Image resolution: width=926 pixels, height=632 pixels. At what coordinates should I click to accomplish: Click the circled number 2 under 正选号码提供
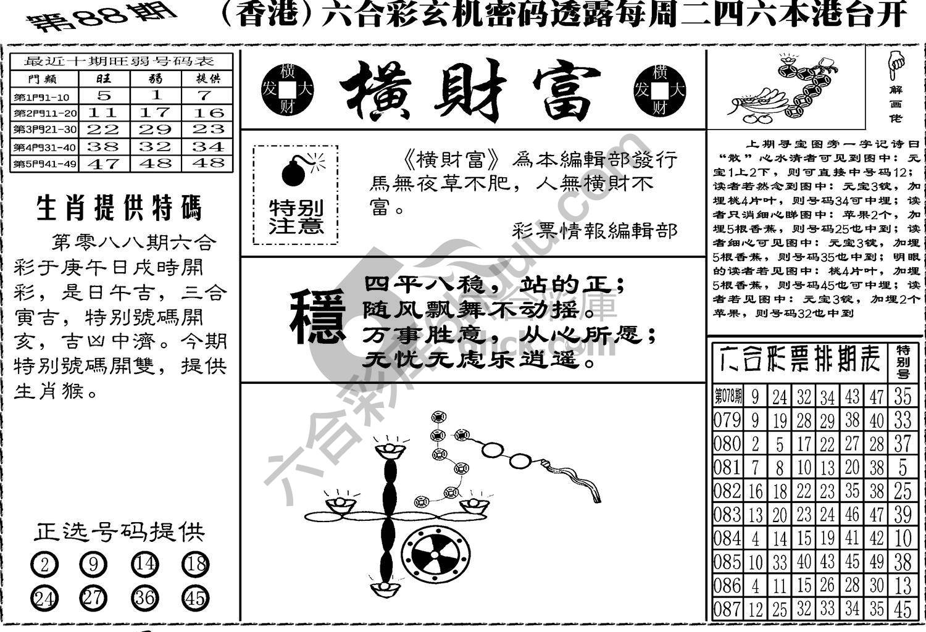click(x=43, y=564)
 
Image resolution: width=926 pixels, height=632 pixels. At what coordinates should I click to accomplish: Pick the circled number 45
click(x=195, y=597)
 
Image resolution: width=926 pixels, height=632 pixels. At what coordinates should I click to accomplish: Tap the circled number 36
click(x=144, y=597)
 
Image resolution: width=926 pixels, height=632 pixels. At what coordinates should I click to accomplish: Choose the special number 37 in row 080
click(x=902, y=444)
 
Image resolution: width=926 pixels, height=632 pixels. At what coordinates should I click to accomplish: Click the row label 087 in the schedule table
click(x=727, y=610)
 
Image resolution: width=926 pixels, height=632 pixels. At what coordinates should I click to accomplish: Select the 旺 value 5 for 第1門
click(x=104, y=96)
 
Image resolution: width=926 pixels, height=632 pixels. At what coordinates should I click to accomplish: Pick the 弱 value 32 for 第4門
click(x=156, y=147)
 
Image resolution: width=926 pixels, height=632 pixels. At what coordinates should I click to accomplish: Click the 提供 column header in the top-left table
click(x=207, y=79)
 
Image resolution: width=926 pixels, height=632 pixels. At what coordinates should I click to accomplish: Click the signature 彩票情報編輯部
click(x=594, y=231)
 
